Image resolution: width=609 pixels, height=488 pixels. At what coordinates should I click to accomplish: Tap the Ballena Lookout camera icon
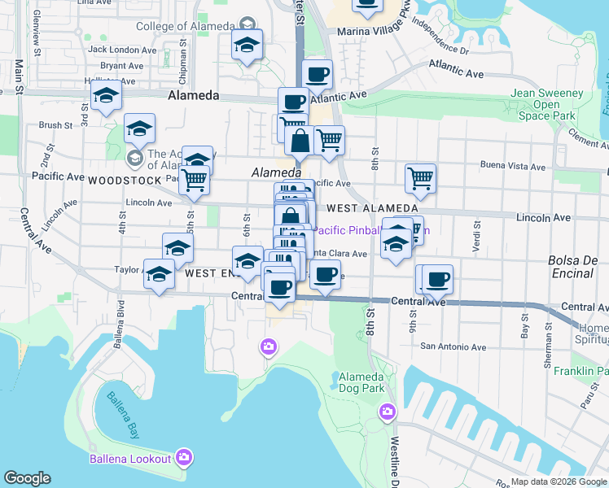pos(184,458)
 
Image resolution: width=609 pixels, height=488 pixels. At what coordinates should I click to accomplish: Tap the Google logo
pos(27,478)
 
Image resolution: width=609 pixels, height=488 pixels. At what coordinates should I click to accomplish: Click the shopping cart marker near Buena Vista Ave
pos(420,177)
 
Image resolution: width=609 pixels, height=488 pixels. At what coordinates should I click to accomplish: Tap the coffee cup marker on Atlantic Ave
pos(317,75)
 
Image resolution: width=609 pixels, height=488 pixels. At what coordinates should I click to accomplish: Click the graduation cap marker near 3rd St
pos(106,96)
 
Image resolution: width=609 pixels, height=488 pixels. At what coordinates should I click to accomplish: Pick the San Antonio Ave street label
pos(453,346)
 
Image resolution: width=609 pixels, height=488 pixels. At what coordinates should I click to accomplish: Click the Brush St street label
pos(55,125)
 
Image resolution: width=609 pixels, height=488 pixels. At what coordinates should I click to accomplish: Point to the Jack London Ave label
pos(121,49)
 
